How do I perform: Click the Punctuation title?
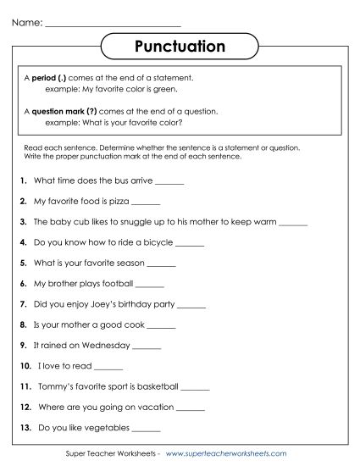[180, 44]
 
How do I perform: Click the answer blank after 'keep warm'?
[292, 223]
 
